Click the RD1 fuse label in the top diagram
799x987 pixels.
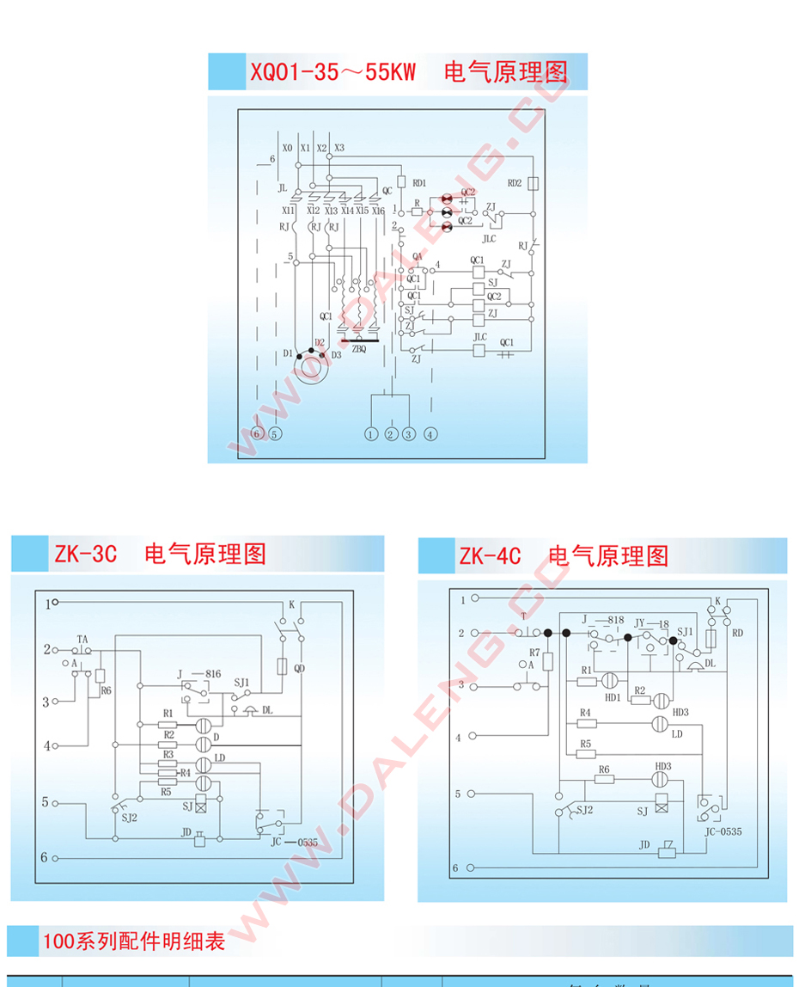point(419,183)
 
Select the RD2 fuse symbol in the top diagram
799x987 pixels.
point(534,183)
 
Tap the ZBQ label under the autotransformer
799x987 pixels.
point(359,349)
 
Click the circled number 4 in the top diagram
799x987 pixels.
point(430,434)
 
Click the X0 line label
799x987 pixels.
point(288,148)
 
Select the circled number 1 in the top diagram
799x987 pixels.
point(370,434)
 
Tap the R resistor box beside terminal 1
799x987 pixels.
point(417,211)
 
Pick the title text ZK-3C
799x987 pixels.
point(85,553)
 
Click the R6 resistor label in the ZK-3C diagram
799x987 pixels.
point(106,690)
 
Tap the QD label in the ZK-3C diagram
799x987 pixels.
point(299,667)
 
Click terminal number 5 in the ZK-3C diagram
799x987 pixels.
point(46,802)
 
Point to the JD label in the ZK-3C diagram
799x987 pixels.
point(186,832)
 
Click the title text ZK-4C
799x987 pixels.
point(490,555)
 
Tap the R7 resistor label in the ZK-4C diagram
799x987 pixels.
point(534,653)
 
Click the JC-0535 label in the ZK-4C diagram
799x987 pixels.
point(723,831)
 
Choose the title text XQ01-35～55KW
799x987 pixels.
point(332,72)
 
